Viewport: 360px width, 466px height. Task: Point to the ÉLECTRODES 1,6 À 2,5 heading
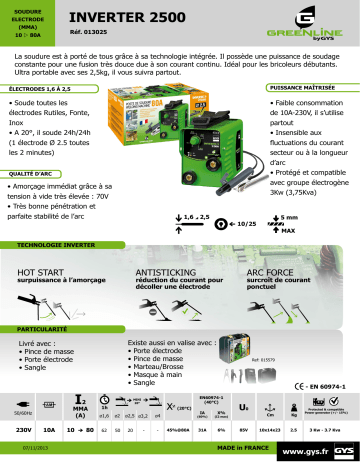pos(41,89)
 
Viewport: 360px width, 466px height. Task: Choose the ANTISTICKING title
pos(167,271)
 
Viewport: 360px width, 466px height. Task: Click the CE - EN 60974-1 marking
pos(321,385)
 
